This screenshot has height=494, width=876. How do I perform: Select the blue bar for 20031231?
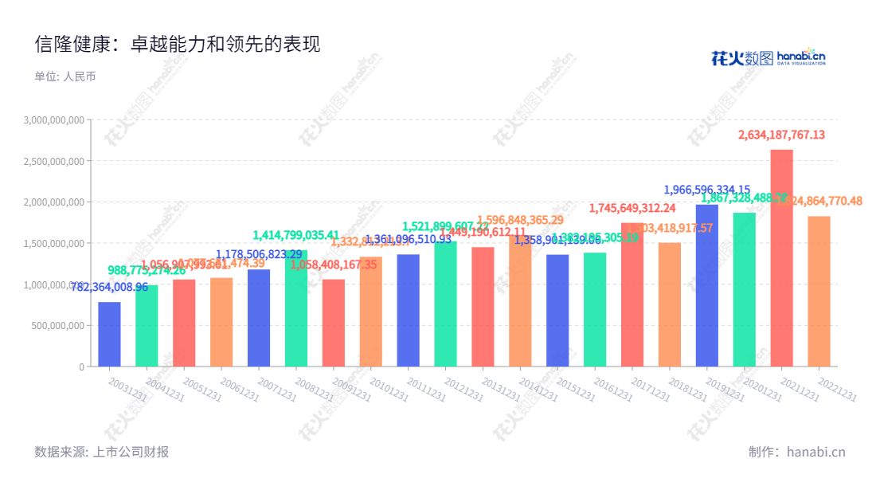(x=109, y=335)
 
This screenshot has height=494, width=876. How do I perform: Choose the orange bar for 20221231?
(x=819, y=292)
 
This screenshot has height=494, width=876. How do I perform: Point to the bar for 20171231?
(x=632, y=295)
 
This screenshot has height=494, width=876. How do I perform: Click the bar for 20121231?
(x=445, y=304)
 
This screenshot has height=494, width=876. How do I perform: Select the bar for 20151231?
(x=557, y=311)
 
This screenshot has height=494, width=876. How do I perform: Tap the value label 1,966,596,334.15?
(x=706, y=190)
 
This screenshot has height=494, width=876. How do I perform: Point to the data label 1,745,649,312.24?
(x=632, y=208)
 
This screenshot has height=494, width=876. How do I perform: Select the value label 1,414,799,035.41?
(x=296, y=235)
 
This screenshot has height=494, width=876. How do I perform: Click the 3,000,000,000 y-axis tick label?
(x=55, y=120)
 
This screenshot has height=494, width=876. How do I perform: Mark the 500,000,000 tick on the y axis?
(x=61, y=325)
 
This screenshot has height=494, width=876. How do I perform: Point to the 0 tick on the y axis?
(x=81, y=367)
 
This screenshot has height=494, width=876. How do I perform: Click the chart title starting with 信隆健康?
(x=178, y=45)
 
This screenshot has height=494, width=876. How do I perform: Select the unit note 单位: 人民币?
(x=65, y=77)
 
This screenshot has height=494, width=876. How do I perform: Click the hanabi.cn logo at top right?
(x=768, y=57)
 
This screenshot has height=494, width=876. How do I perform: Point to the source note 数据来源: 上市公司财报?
(x=102, y=452)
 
